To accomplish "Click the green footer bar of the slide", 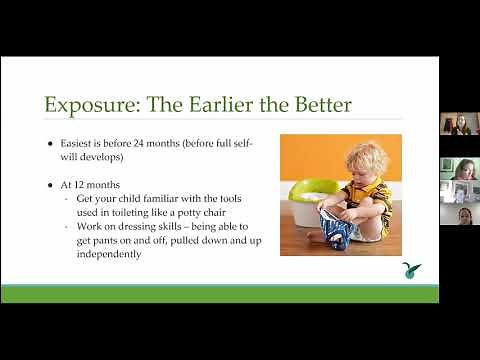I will click(219, 293).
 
